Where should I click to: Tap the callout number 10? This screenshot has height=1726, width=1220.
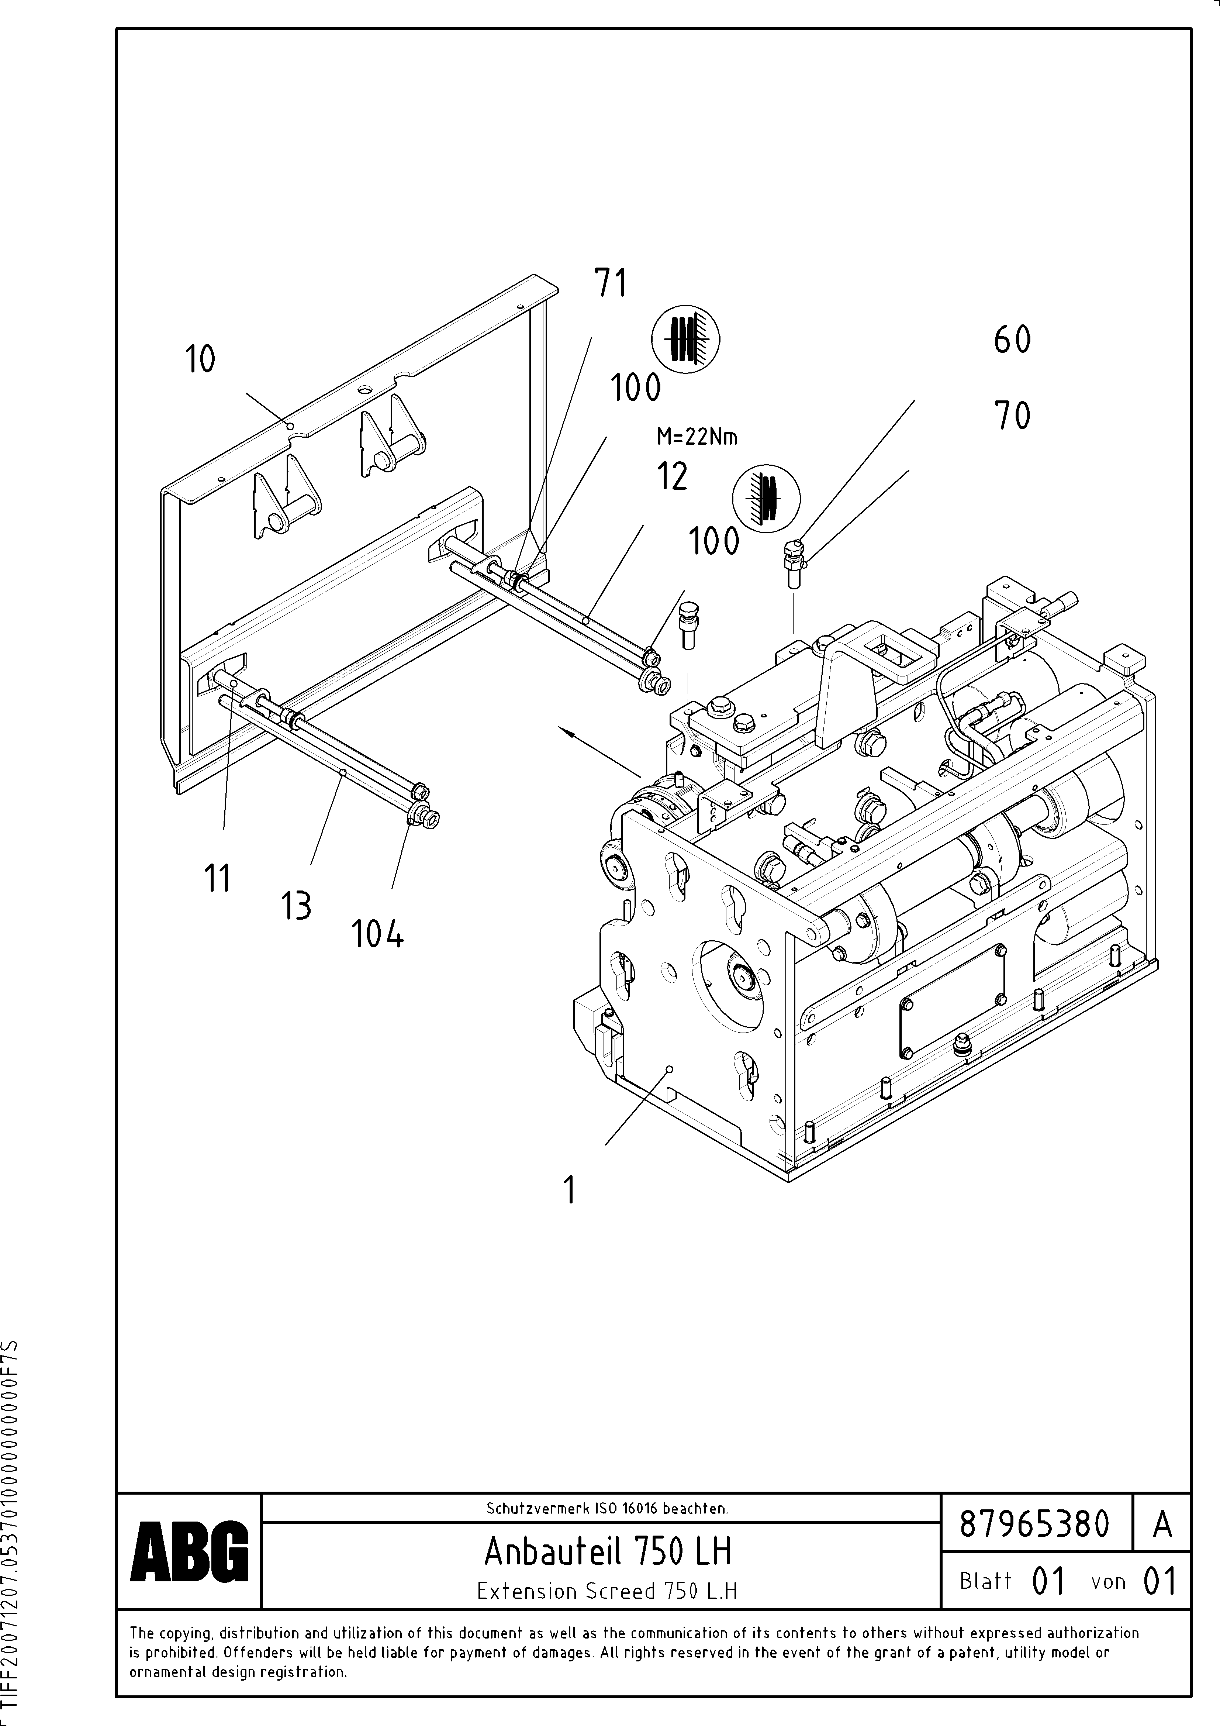pos(200,359)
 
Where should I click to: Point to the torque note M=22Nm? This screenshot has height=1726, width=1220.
pos(697,437)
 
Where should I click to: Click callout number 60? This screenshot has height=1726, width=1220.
pos(1013,340)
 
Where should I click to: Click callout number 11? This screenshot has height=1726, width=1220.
pos(217,878)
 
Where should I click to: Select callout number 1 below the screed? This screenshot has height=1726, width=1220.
pos(570,1190)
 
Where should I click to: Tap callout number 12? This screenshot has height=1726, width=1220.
pos(672,476)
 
